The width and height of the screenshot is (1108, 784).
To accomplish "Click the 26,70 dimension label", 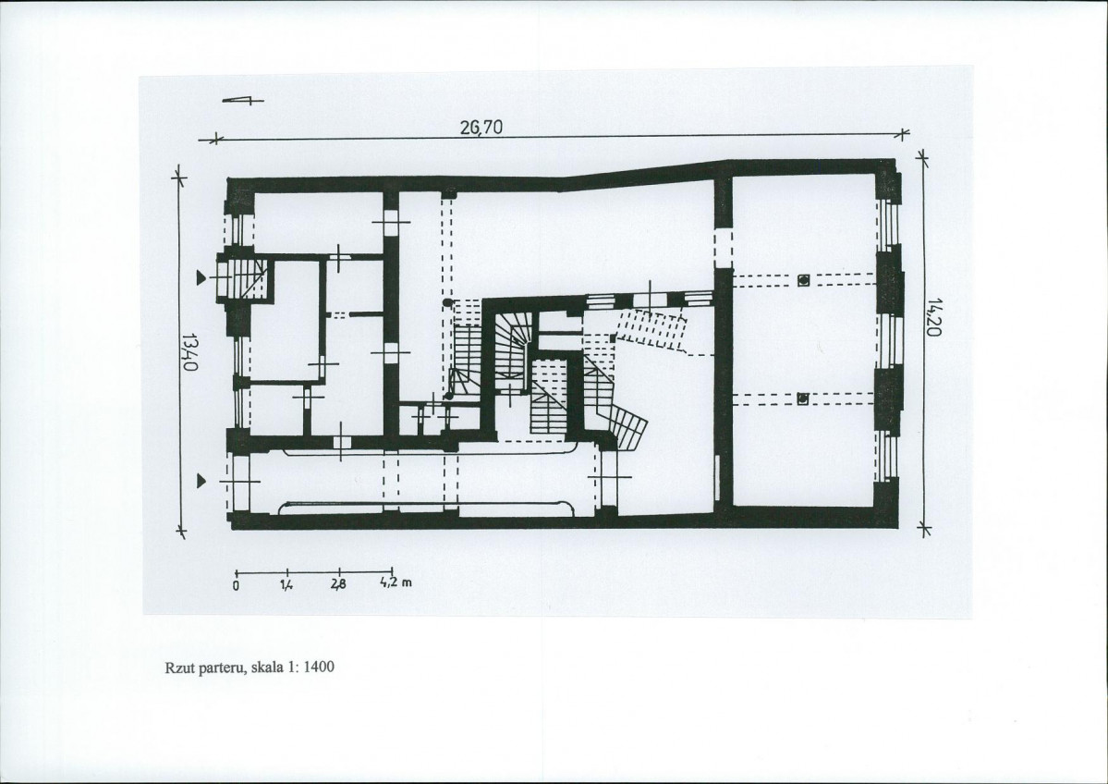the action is pos(481,128).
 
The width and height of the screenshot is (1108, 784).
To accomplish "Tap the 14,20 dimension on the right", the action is pos(934,317).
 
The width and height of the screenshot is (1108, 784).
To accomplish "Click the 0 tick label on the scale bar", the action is pos(236,584).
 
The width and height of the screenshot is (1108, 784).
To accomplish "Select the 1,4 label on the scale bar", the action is pos(286,584).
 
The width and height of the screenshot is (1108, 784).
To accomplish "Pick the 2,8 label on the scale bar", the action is pos(339,584).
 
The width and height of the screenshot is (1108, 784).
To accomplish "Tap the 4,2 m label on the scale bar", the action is pos(396,583).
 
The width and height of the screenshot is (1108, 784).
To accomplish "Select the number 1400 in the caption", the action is pos(320,667).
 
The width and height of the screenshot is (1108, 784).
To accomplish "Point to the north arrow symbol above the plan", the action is pos(242,101).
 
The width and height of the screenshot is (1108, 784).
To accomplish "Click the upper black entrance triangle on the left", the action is pos(202,278).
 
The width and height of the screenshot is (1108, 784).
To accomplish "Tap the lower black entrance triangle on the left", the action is pos(202,482).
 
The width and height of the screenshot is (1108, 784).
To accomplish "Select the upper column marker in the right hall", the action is pos(803,280).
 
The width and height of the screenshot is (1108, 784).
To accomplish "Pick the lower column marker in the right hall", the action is pos(803,399).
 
